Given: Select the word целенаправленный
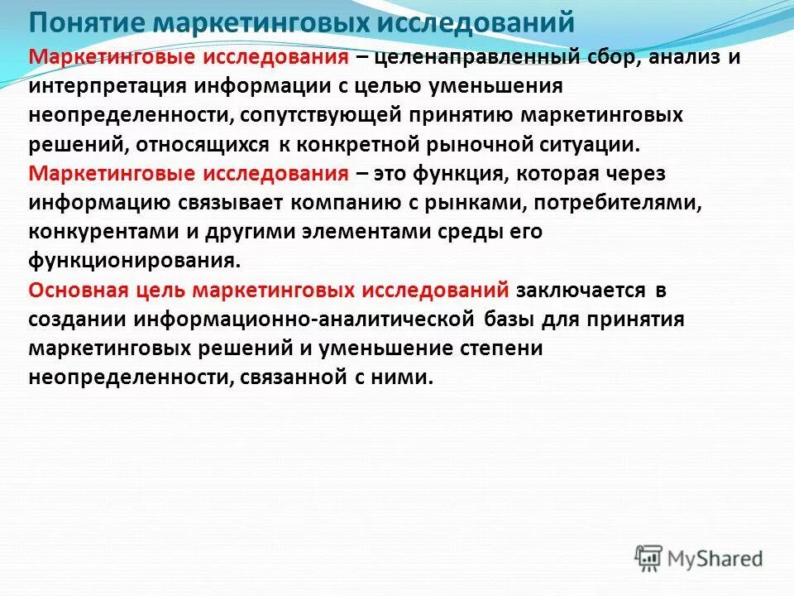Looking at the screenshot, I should pyautogui.click(x=470, y=57).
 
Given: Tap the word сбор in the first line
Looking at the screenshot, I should pyautogui.click(x=609, y=57).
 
